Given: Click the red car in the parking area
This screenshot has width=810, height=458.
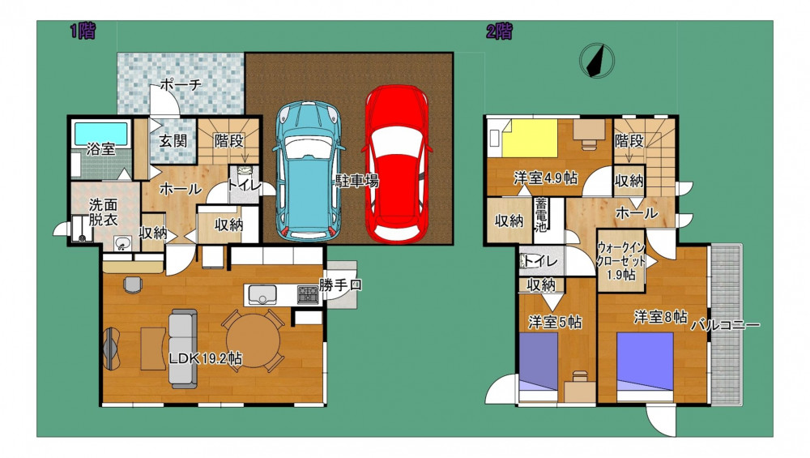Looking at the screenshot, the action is pyautogui.click(x=396, y=164).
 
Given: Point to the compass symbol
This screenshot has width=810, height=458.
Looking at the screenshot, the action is pyautogui.click(x=597, y=61).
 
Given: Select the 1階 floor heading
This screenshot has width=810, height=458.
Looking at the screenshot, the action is pyautogui.click(x=83, y=32).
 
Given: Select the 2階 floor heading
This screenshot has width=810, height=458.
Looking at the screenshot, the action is pyautogui.click(x=500, y=32).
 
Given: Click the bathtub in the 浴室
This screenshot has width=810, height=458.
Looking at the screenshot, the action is pyautogui.click(x=100, y=134).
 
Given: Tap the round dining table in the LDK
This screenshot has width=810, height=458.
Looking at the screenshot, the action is pyautogui.click(x=253, y=340).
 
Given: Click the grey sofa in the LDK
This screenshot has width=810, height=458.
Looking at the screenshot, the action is pyautogui.click(x=183, y=349).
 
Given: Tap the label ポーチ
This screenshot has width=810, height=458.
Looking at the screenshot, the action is pyautogui.click(x=181, y=85).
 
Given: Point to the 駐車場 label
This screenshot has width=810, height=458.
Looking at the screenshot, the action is pyautogui.click(x=357, y=181).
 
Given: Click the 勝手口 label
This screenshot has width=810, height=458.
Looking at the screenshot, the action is pyautogui.click(x=340, y=285).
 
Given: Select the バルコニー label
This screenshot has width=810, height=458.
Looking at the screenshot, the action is pyautogui.click(x=726, y=325).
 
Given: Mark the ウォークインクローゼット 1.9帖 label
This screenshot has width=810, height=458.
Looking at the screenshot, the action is pyautogui.click(x=621, y=261).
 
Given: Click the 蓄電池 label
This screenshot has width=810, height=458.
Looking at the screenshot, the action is pyautogui.click(x=541, y=215).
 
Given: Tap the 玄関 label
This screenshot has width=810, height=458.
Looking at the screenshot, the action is pyautogui.click(x=173, y=140).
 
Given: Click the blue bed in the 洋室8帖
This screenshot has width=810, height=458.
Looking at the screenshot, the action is pyautogui.click(x=646, y=362).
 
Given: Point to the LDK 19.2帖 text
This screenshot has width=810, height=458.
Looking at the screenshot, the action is pyautogui.click(x=206, y=358).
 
